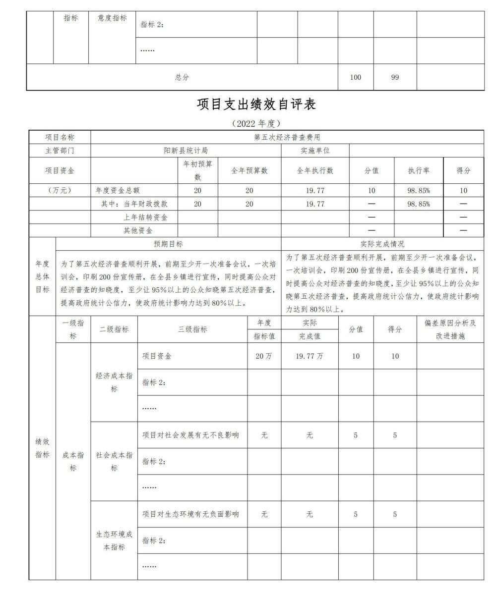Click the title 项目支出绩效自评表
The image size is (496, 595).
[256, 104]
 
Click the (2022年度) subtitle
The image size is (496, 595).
[256, 123]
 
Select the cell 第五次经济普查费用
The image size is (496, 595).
[287, 137]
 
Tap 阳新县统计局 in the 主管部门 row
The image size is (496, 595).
[186, 151]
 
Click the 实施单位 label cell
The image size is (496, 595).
[315, 151]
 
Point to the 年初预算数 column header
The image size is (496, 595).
[197, 170]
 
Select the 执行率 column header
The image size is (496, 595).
[419, 170]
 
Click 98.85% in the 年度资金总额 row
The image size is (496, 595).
[419, 190]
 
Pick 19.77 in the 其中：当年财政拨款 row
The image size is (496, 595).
[315, 204]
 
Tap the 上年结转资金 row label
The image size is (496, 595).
[145, 217]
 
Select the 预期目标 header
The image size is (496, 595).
[168, 244]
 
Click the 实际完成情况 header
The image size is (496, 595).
[382, 244]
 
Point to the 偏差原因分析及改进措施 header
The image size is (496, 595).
[450, 329]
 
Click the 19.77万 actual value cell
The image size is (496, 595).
[310, 356]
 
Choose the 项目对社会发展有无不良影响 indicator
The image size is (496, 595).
[190, 435]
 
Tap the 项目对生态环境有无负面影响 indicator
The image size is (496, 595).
[190, 514]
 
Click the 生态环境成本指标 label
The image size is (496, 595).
[114, 541]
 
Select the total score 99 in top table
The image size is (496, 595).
[395, 77]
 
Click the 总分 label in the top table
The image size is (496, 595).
[182, 77]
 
